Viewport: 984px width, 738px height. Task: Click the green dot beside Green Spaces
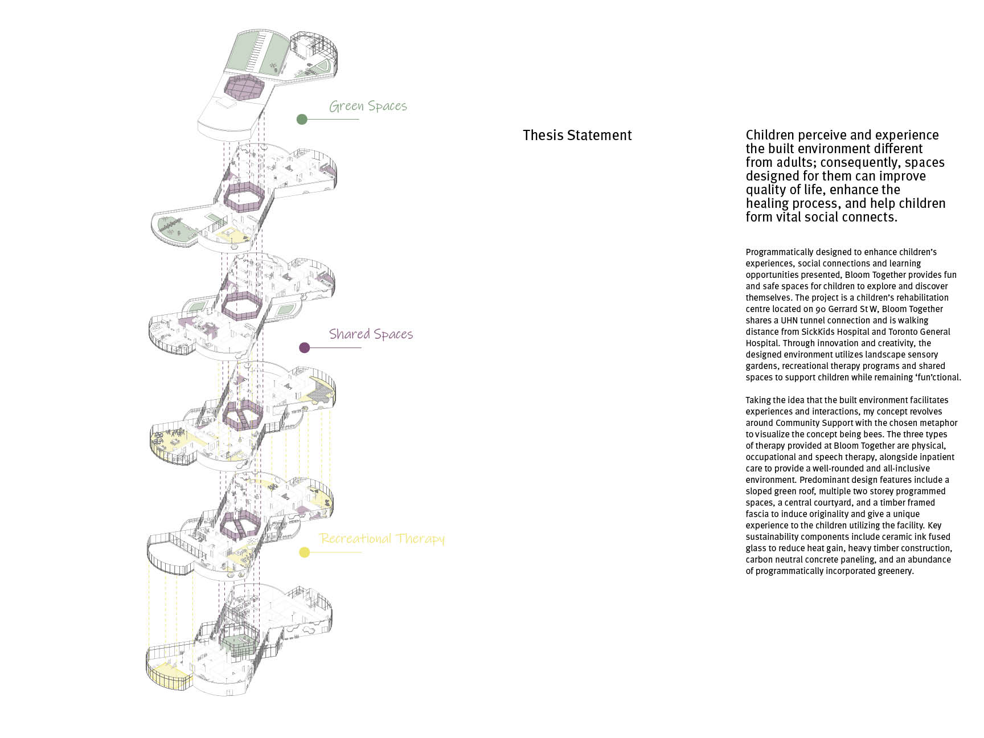[x=302, y=119]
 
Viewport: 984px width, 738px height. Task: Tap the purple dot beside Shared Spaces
[x=305, y=347]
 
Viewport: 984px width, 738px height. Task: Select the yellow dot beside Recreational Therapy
[x=305, y=552]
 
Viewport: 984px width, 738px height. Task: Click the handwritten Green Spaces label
[x=368, y=106]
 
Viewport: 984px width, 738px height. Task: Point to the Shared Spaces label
[x=371, y=334]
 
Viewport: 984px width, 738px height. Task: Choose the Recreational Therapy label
[x=382, y=539]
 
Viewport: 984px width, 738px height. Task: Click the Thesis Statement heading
[x=577, y=136]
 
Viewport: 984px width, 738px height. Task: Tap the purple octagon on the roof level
[x=244, y=87]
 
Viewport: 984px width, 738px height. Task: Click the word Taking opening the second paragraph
[x=759, y=400]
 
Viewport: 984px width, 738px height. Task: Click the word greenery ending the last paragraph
[x=893, y=571]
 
